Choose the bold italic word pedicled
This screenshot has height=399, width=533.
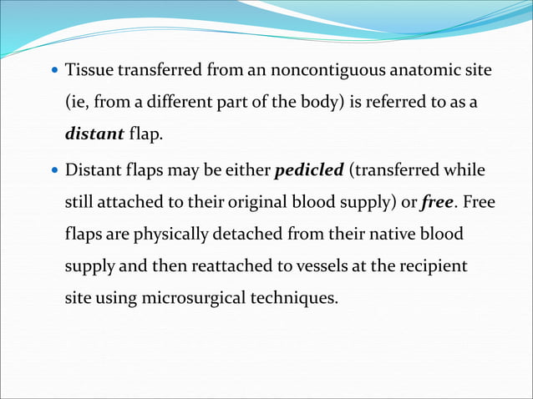[x=309, y=169]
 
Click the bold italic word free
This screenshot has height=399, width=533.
[x=437, y=202]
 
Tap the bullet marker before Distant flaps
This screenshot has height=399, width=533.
[x=54, y=170]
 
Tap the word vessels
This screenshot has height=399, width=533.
[x=315, y=267]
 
